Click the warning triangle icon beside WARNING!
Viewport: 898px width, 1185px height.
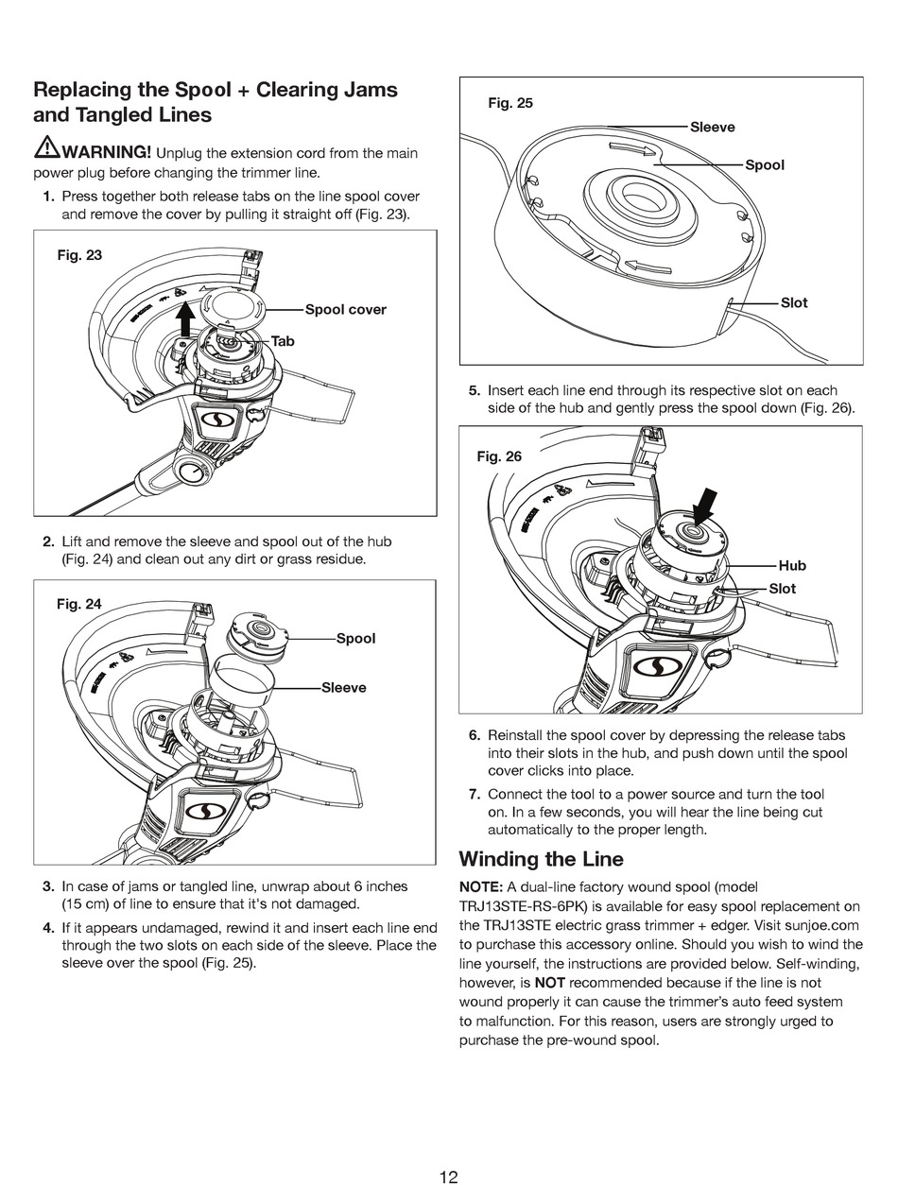pos(46,147)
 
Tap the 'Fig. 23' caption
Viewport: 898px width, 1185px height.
pos(79,255)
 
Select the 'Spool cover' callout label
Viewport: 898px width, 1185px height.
pos(345,310)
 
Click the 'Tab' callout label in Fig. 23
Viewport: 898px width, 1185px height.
pos(283,341)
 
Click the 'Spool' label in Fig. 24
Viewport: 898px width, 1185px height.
pos(355,639)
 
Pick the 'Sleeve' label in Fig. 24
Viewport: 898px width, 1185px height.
pos(343,688)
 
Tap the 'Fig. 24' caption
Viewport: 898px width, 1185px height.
pos(78,604)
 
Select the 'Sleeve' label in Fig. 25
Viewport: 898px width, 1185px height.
pos(712,128)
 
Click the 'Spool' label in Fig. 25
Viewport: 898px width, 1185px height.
pos(764,165)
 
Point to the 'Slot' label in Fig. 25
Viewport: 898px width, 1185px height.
pos(794,303)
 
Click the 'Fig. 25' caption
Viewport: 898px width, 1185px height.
pos(509,103)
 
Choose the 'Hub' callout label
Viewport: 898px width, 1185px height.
pos(792,566)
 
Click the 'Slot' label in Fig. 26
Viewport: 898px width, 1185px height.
pos(782,589)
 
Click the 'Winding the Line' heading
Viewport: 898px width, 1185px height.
pos(541,859)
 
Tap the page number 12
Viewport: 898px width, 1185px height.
pos(448,1150)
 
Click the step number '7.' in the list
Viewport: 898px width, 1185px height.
pos(475,795)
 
